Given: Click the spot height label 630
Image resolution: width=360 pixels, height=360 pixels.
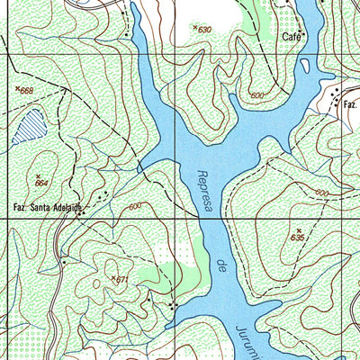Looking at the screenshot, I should coord(204,30).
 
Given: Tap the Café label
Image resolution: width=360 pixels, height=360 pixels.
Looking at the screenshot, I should coord(290,37).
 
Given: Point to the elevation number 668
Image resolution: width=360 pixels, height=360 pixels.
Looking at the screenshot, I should coord(26,90).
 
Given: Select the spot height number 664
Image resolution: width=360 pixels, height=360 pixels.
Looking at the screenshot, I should coord(41,183).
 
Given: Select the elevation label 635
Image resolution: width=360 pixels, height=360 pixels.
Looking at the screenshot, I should coord(299,238).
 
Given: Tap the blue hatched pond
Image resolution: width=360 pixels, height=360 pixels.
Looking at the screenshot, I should coord(31,122).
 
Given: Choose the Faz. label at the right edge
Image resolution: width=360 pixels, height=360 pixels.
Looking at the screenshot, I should coord(349,105).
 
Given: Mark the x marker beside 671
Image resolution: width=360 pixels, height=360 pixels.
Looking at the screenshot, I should coord(113,278).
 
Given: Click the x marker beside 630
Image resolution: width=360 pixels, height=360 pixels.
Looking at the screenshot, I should coord(194,28).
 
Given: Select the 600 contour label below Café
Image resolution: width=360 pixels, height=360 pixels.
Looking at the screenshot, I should coord(259,94).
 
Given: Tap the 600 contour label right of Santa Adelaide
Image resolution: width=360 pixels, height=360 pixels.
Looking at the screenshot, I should coord(136,207).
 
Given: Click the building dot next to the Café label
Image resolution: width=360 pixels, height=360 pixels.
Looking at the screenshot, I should coord(303,35).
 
